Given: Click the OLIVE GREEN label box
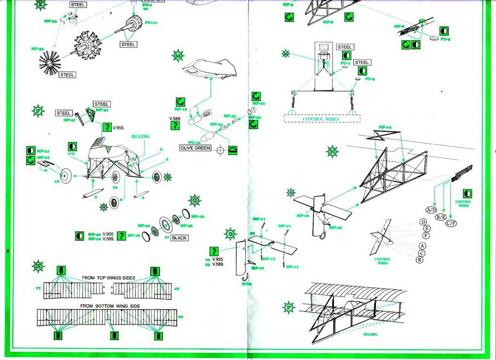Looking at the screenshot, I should pyautogui.click(x=196, y=148).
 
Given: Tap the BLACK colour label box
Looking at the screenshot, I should pyautogui.click(x=179, y=238).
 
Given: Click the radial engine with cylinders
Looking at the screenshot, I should pyautogui.click(x=88, y=46).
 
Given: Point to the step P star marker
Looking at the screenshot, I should pyautogui.click(x=289, y=307).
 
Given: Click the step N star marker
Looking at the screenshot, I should pyautogui.click(x=333, y=151).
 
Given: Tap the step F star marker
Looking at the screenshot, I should pyautogui.click(x=38, y=110).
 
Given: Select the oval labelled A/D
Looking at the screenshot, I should pyautogui.click(x=431, y=210).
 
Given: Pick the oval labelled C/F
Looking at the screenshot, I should pyautogui.click(x=451, y=223).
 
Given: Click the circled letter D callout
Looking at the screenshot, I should pyautogui.click(x=423, y=222).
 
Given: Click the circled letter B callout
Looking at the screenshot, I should pyautogui.click(x=419, y=260).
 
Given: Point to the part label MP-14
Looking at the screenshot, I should pyautogui.click(x=385, y=127).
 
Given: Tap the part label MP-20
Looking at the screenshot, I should pyautogui.click(x=303, y=216).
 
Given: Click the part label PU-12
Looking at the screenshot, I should pyautogui.click(x=151, y=23).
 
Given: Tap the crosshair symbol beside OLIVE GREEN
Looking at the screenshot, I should pyautogui.click(x=220, y=150).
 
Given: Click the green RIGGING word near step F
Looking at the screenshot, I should pyautogui.click(x=140, y=137).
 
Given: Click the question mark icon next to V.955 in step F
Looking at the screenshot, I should pyautogui.click(x=106, y=128).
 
